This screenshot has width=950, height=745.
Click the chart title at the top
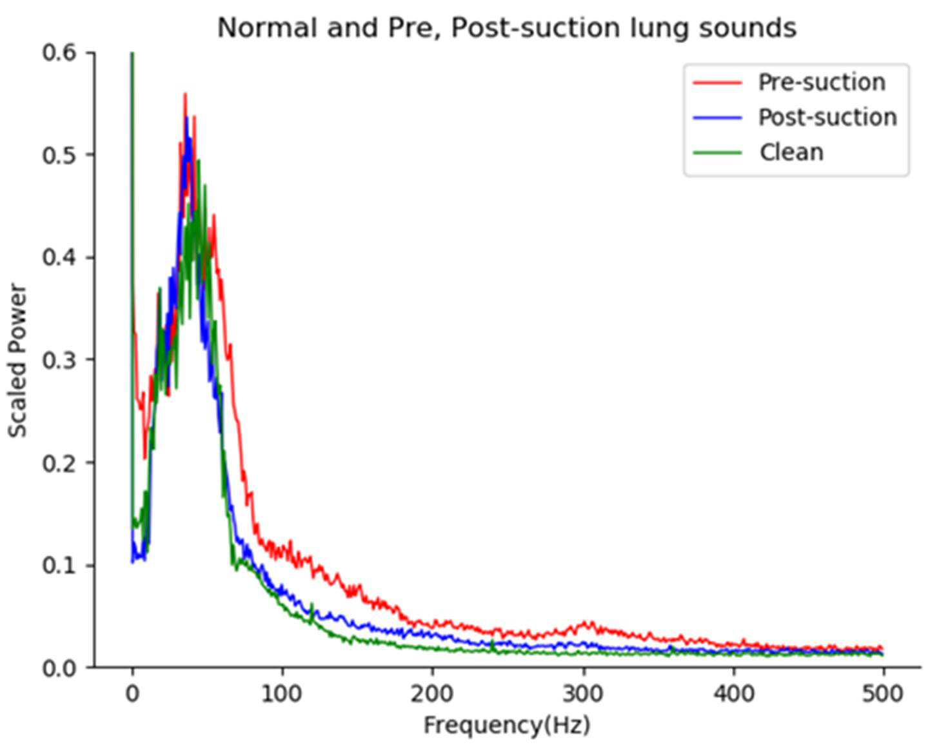pos(507,28)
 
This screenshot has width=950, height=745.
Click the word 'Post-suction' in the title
pos(535,28)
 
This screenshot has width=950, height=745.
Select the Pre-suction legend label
pos(822,82)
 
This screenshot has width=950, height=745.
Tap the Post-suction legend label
pos(827,117)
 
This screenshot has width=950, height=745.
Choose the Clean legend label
pos(791,152)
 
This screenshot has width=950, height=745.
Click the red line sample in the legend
pos(717,83)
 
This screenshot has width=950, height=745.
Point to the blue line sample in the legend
pos(717,117)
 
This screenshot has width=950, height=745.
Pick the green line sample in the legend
pos(717,153)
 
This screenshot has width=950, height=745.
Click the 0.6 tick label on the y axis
pos(59,52)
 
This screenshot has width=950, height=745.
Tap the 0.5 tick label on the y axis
pos(59,155)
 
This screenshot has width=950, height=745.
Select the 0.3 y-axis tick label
pos(59,360)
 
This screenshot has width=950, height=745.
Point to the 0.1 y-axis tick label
pos(59,565)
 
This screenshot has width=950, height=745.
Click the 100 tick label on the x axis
pos(282,694)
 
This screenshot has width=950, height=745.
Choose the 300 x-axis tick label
pos(583,694)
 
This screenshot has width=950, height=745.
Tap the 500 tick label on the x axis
pos(883,694)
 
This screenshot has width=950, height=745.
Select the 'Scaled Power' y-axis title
pos(18,360)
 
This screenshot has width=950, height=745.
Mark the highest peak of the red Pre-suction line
pos(185,93)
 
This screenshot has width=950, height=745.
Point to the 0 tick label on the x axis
pos(132,694)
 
